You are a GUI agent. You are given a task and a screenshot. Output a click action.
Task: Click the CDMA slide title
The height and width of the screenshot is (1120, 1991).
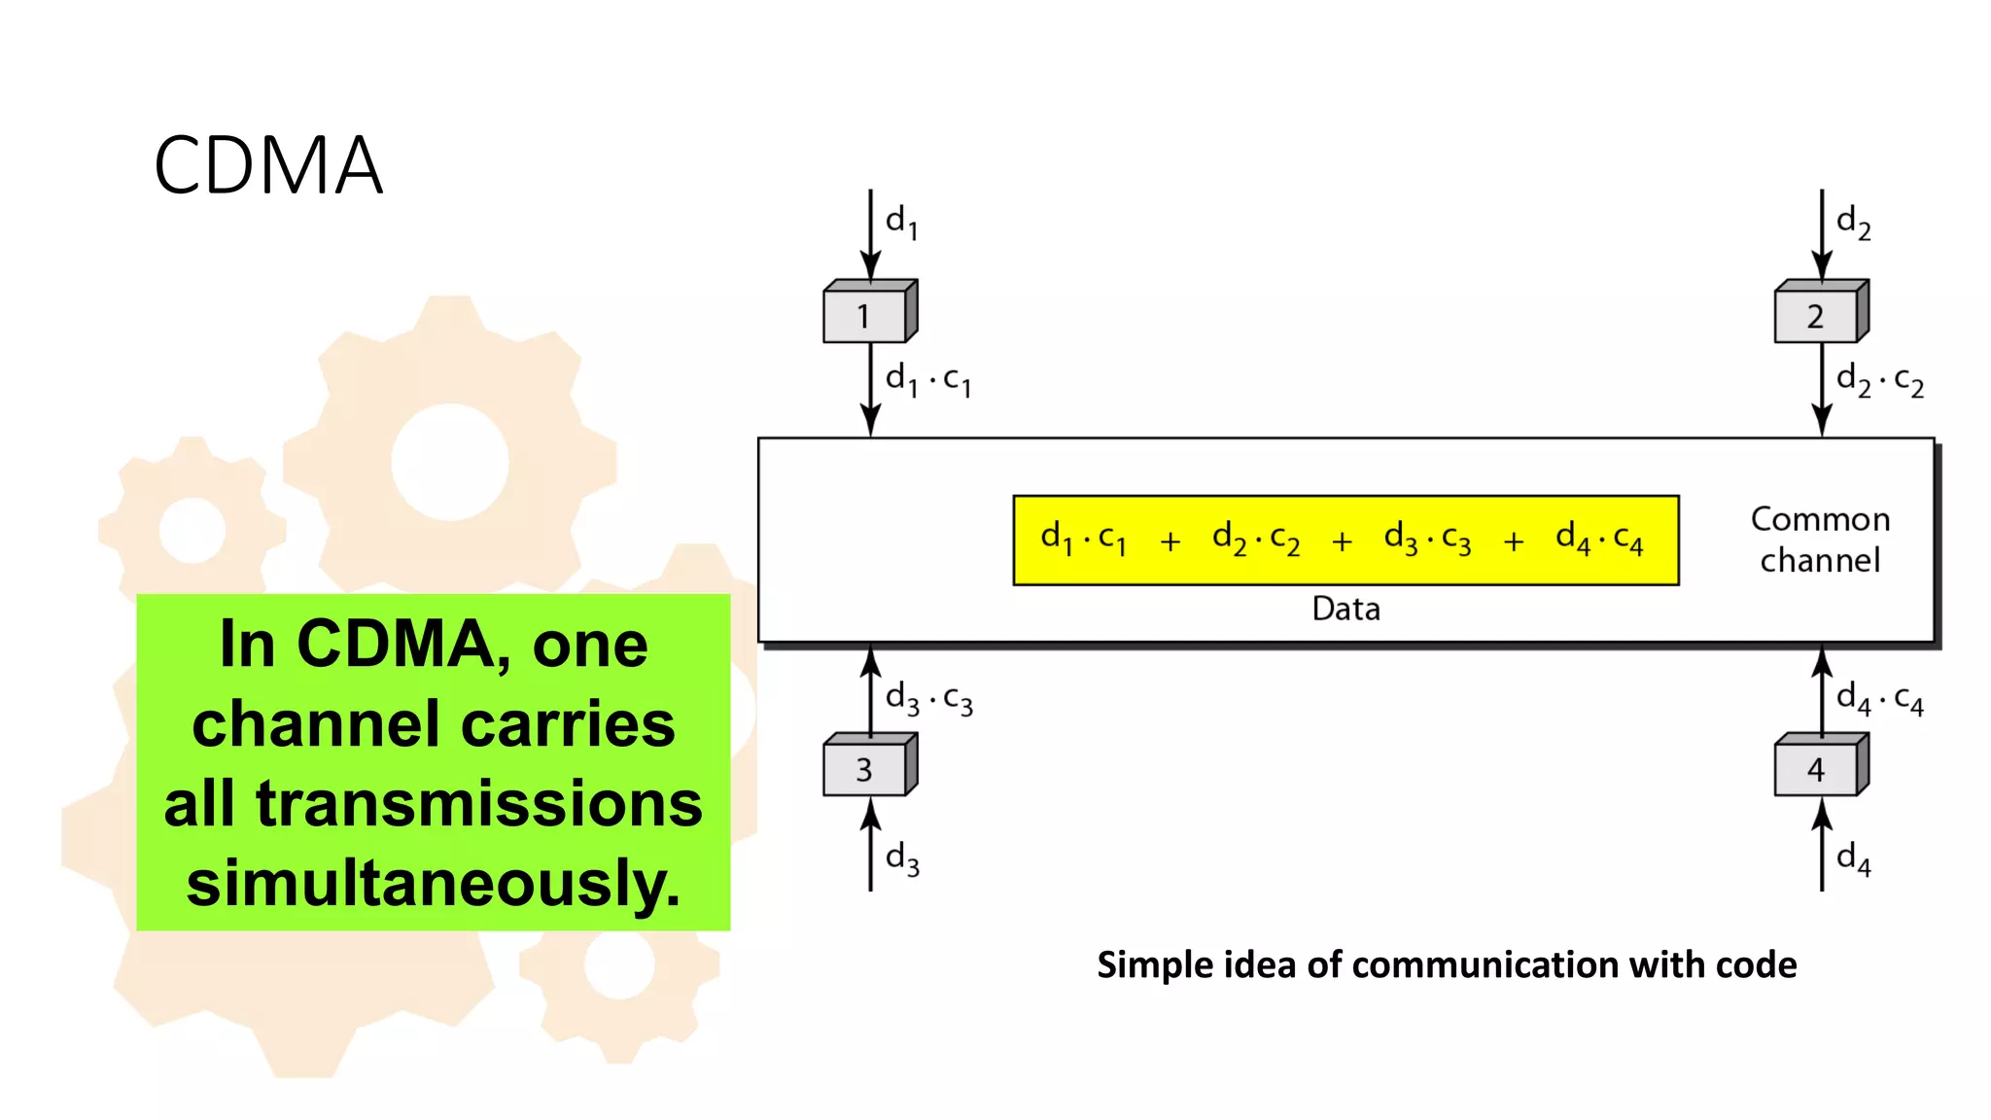[x=268, y=166]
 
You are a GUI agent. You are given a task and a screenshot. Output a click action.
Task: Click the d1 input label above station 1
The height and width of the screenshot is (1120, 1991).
[x=901, y=222]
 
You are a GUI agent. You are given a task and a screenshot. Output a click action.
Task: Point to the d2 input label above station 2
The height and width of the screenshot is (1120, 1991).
[x=1853, y=222]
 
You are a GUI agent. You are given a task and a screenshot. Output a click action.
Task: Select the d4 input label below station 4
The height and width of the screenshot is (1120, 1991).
[x=1853, y=858]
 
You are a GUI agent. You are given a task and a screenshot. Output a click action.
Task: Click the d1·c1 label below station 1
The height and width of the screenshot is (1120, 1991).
[x=927, y=379]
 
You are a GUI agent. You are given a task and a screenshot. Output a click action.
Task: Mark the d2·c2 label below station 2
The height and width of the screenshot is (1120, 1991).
[x=1879, y=379]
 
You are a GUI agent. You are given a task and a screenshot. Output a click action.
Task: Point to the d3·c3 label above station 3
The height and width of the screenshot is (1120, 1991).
[x=928, y=698]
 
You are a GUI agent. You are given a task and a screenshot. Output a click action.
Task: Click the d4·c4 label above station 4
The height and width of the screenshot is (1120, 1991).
[x=1879, y=698]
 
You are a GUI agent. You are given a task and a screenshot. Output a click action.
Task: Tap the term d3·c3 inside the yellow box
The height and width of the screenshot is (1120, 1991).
[x=1427, y=539]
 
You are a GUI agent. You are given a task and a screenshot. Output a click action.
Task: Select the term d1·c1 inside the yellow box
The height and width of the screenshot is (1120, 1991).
[x=1083, y=539]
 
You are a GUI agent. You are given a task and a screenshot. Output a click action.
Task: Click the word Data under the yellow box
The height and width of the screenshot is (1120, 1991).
[x=1345, y=609]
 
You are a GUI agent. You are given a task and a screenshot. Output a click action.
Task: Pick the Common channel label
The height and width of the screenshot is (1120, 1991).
[x=1820, y=540]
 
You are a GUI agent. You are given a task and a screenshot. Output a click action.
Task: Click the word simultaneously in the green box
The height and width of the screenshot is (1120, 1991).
[x=434, y=883]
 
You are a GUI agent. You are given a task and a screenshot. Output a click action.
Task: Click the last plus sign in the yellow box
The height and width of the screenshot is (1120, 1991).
[x=1513, y=542]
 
